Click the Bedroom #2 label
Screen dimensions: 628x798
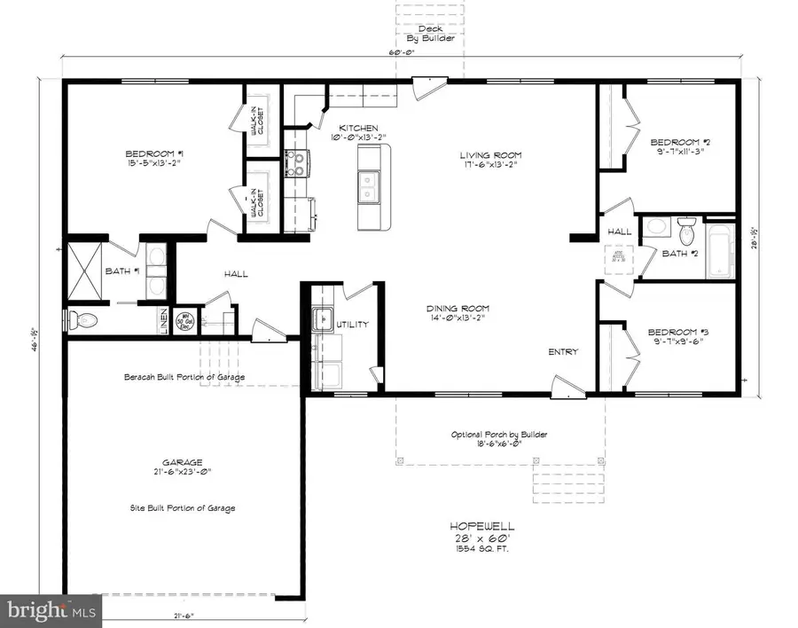(x=679, y=142)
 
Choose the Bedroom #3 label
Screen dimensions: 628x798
(x=679, y=332)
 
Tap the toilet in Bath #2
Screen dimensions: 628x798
(x=685, y=232)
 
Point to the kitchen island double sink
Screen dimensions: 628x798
(x=370, y=187)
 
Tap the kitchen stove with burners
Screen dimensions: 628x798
(x=296, y=163)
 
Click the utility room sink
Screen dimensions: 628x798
(x=322, y=318)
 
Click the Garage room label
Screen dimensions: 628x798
(x=182, y=462)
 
